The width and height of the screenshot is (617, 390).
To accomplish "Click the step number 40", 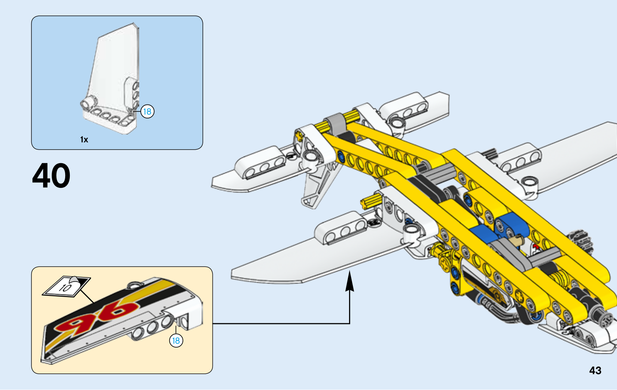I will pos(51,176).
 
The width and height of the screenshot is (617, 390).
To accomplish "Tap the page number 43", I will pos(595,371).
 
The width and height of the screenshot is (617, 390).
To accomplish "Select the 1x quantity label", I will pos(84,140).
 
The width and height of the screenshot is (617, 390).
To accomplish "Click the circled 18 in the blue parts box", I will pos(147,111).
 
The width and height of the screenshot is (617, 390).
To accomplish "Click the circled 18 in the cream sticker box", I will pos(176,341).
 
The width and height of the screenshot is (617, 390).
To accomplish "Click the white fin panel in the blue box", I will pos(112,66).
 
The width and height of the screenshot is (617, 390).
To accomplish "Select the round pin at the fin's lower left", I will pos(87,103).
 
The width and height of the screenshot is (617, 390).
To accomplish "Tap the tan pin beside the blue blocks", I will pos(516,241).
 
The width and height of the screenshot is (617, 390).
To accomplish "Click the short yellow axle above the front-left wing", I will pos(371,200).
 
